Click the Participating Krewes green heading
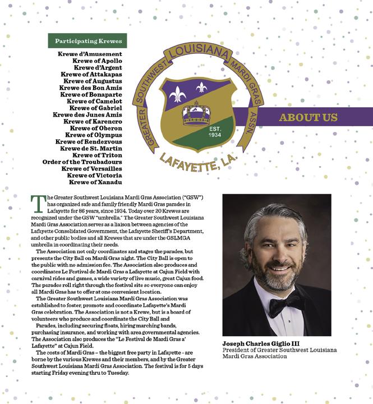pyautogui.click(x=88, y=41)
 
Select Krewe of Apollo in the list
pyautogui.click(x=97, y=61)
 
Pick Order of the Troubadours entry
pyautogui.click(x=82, y=162)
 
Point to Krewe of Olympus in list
pyautogui.click(x=94, y=135)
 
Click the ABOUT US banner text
pyautogui.click(x=308, y=118)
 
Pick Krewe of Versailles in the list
pyautogui.click(x=91, y=168)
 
